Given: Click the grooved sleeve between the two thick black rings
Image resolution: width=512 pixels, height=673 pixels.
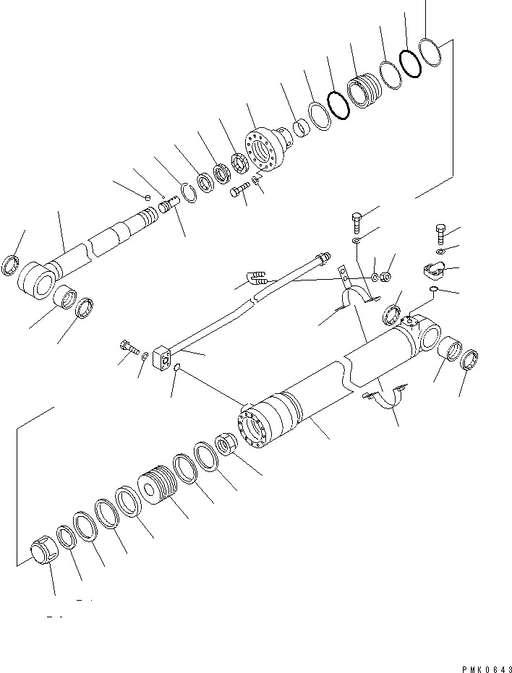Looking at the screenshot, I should pyautogui.click(x=362, y=90).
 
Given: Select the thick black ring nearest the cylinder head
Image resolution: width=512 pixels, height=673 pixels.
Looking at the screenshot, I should pyautogui.click(x=338, y=105).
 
